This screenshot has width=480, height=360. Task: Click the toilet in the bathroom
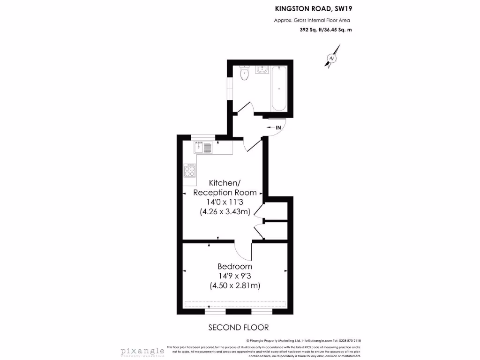(244, 74)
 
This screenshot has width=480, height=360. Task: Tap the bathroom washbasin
(261, 70)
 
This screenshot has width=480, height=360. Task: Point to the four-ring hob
(190, 171)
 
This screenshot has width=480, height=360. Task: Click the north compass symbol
(332, 58)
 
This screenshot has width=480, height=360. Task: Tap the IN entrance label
(278, 127)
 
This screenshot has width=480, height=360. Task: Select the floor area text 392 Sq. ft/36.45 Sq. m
(325, 30)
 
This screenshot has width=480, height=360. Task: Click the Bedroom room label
(235, 266)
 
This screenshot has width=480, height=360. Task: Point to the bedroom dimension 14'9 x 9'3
(235, 276)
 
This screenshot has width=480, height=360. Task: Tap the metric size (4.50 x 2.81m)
(235, 285)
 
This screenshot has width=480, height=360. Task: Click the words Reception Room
(225, 193)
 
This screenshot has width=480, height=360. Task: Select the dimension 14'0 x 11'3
(225, 202)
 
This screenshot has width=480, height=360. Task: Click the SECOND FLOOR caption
(238, 327)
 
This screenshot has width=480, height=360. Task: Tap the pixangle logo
(142, 351)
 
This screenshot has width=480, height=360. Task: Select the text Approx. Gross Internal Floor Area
(312, 20)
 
